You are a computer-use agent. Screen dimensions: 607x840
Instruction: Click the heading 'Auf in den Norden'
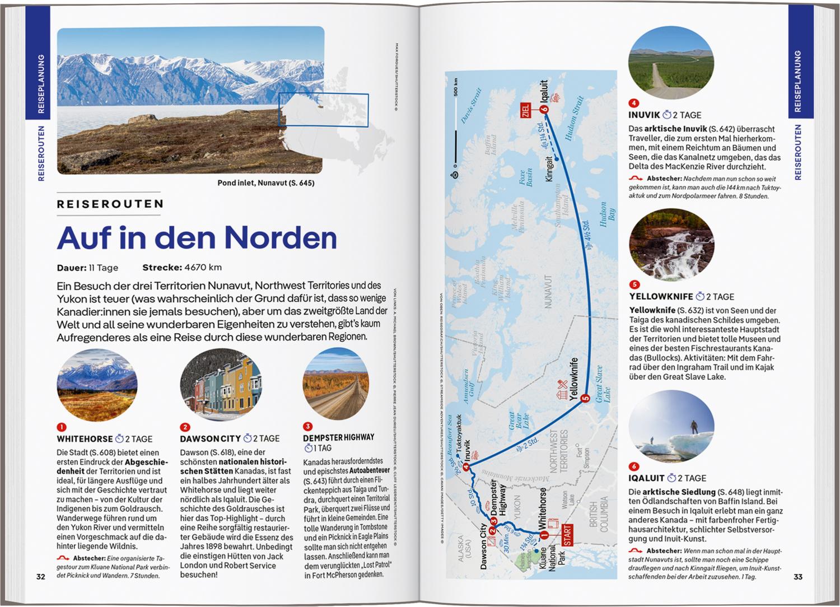point(197,237)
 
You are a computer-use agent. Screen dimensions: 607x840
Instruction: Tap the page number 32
point(40,577)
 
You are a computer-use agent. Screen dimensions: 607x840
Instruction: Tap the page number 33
point(798,577)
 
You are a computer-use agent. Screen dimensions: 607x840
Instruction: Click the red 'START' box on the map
point(567,535)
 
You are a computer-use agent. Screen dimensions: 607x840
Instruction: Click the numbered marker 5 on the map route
point(585,399)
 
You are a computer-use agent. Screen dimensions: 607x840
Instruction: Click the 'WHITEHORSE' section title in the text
point(84,440)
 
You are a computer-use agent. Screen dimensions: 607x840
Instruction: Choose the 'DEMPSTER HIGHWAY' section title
point(338,437)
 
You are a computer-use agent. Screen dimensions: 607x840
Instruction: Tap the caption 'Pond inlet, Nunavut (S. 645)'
point(266,183)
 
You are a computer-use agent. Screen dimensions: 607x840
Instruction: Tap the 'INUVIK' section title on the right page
point(644,115)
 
